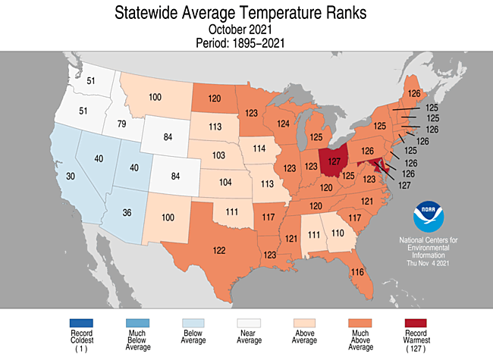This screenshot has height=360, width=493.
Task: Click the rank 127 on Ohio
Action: coord(333,161)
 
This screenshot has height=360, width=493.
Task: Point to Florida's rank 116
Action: coord(358,271)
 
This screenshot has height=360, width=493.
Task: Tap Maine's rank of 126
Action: coord(414,93)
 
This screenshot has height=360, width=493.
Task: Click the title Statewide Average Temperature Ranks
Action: coord(245,13)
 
